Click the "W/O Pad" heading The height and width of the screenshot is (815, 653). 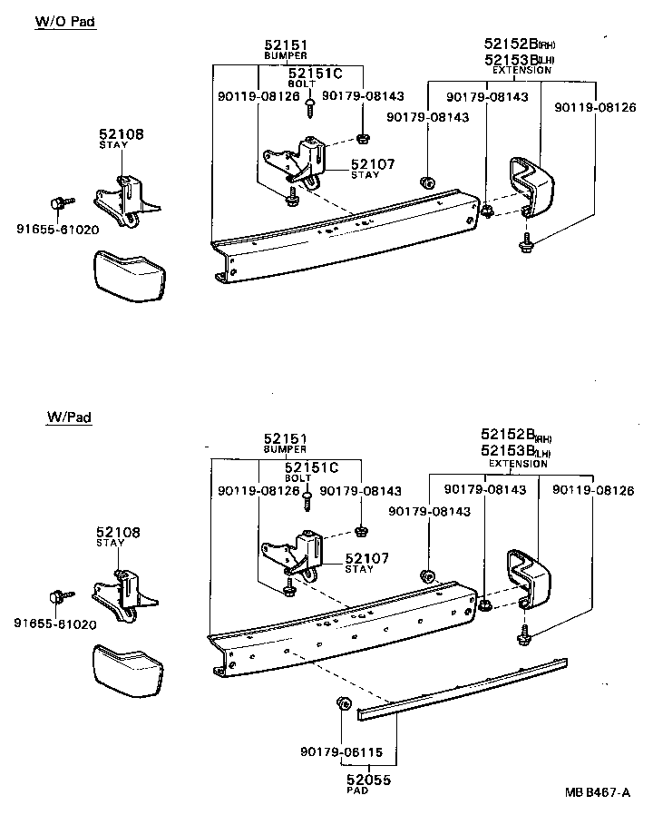(x=65, y=21)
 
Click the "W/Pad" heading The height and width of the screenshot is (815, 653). (x=69, y=417)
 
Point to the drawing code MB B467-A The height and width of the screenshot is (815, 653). (x=596, y=792)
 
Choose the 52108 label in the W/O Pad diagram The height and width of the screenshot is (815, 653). (x=122, y=134)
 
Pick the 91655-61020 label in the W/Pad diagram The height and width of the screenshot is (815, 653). (x=55, y=623)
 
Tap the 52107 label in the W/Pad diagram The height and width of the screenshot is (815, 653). (x=367, y=558)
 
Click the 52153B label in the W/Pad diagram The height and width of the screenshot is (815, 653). (x=508, y=451)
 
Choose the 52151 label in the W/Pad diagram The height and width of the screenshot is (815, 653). (x=285, y=438)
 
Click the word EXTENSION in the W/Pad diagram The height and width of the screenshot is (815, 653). (x=519, y=464)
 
